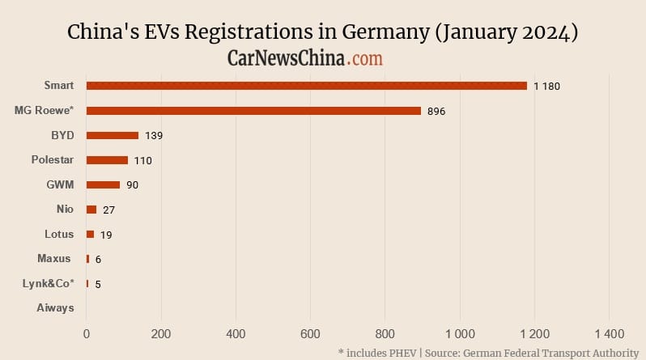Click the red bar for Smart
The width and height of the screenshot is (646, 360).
tap(306, 86)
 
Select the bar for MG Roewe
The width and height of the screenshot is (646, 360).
tap(253, 111)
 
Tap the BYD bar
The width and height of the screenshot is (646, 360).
tap(112, 135)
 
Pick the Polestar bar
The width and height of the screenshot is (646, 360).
tap(107, 160)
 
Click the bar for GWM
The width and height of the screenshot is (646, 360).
tap(103, 185)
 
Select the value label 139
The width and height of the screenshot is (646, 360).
tap(154, 136)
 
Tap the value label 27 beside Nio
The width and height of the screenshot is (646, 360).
tap(109, 210)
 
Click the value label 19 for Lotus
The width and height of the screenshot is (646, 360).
tap(106, 235)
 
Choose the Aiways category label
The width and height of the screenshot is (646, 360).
tap(55, 308)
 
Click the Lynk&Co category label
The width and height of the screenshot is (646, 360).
tap(49, 283)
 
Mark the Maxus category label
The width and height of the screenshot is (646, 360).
tap(55, 259)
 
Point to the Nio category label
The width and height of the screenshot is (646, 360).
tap(65, 210)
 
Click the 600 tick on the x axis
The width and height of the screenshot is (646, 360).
tap(310, 333)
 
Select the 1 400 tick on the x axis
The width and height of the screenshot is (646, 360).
tap(609, 333)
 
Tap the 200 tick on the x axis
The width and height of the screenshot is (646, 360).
tap(161, 333)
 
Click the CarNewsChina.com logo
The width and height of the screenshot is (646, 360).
tap(305, 58)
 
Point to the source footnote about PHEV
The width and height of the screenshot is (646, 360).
tap(487, 353)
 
